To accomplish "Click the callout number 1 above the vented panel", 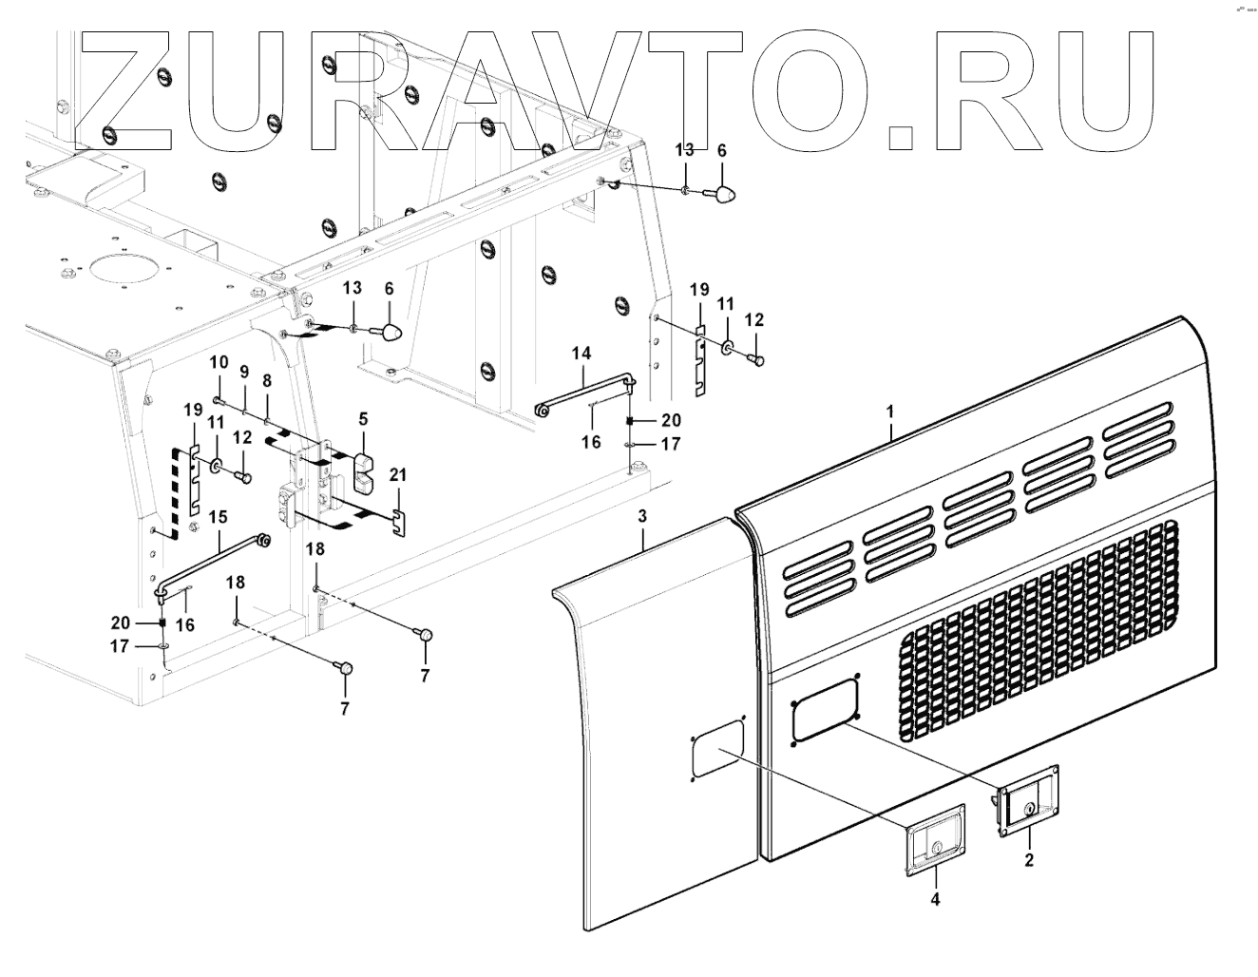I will pyautogui.click(x=890, y=414).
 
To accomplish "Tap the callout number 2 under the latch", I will pyautogui.click(x=1029, y=860).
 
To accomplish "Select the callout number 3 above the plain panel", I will pyautogui.click(x=642, y=516).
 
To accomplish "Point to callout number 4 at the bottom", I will pyautogui.click(x=935, y=898).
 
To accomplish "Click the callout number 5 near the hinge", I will pyautogui.click(x=363, y=418).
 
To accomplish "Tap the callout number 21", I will pyautogui.click(x=398, y=474).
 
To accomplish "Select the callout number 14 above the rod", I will pyautogui.click(x=581, y=354).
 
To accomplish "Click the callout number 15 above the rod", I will pyautogui.click(x=219, y=517).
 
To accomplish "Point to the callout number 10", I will pyautogui.click(x=219, y=361).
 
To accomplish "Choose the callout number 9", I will pyautogui.click(x=244, y=371).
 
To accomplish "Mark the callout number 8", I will pyautogui.click(x=267, y=379).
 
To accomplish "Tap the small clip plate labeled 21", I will pyautogui.click(x=400, y=522).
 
